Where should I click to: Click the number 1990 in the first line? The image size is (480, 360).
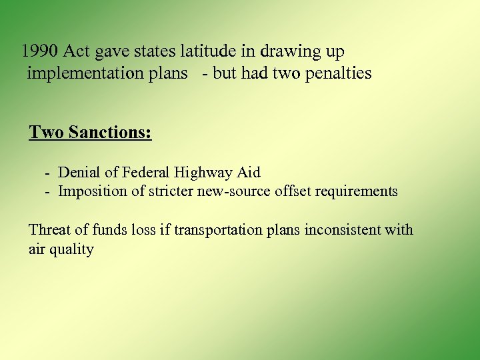tap(40, 51)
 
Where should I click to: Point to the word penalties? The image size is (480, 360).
tap(338, 73)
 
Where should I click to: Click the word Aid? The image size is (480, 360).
tap(248, 173)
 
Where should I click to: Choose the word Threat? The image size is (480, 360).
tap(49, 230)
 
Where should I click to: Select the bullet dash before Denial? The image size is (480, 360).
tap(48, 173)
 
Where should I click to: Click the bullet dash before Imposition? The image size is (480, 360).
tap(48, 192)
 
